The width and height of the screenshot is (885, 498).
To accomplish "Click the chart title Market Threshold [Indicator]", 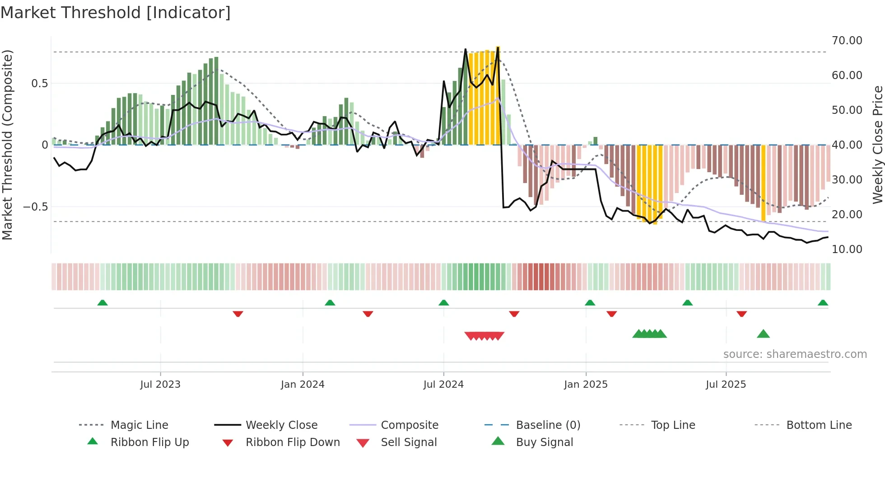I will (116, 13).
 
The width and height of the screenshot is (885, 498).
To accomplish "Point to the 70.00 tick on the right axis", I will (847, 41).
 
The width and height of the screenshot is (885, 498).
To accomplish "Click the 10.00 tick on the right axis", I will (847, 249).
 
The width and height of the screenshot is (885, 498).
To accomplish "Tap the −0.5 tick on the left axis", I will (35, 207).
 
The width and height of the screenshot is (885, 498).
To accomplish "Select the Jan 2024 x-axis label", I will (303, 385).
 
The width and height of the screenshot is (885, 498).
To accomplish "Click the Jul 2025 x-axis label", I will (726, 385).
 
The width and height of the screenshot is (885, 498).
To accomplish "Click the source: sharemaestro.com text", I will (795, 354).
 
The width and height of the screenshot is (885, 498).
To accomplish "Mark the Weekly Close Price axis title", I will (877, 145).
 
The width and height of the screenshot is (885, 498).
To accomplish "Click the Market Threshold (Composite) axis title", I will (7, 145).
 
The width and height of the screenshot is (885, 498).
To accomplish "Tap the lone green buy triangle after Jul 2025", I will (763, 334).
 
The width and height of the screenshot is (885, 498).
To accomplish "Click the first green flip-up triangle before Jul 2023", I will (102, 303).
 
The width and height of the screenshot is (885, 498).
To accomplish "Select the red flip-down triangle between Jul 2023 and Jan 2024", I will (238, 314).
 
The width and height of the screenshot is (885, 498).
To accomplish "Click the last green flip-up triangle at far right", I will (823, 303).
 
